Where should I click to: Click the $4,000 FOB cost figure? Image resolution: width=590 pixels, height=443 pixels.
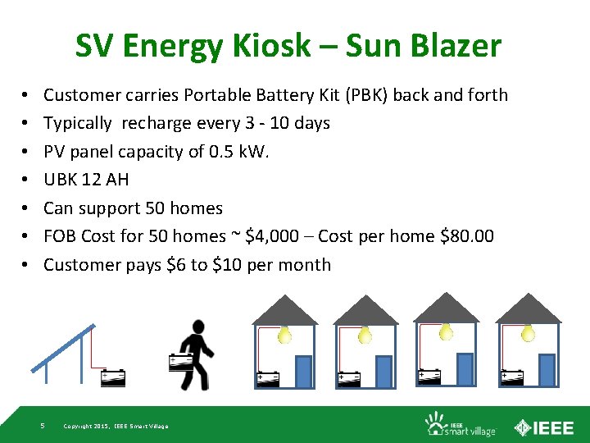point(277,236)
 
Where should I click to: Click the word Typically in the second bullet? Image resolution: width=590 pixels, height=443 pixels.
point(77,124)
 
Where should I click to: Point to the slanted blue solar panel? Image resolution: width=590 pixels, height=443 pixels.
point(62,349)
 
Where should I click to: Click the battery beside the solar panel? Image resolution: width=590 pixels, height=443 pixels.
point(113,377)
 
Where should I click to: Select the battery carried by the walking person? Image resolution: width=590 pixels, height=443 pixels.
point(180,362)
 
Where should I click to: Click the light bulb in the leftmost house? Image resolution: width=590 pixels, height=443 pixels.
point(284,334)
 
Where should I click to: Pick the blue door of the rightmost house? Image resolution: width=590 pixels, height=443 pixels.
point(547,369)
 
